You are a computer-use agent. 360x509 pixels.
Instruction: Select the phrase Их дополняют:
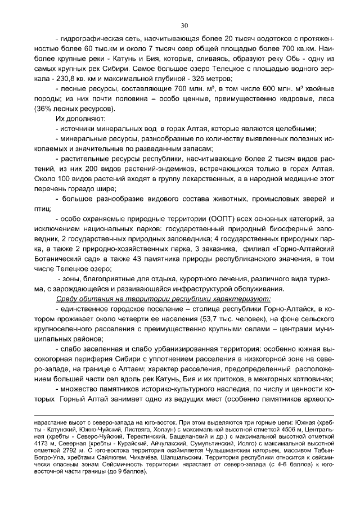coord(77,119)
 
